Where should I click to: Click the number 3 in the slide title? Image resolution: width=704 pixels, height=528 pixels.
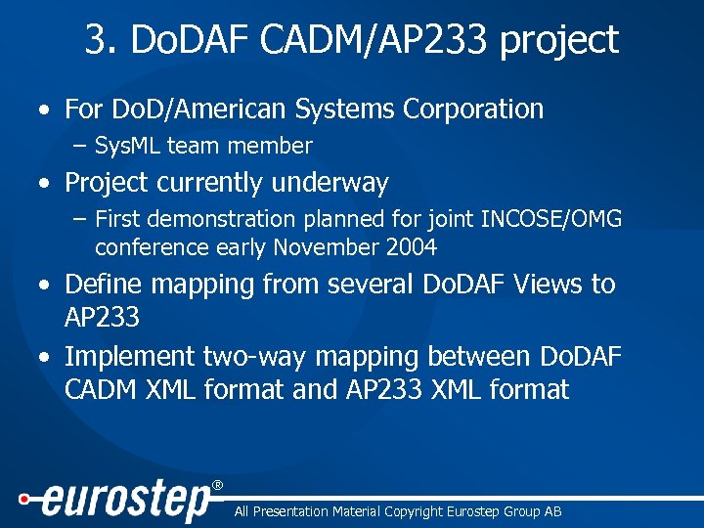pos(96,41)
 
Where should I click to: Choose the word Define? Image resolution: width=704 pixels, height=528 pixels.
pos(103,285)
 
